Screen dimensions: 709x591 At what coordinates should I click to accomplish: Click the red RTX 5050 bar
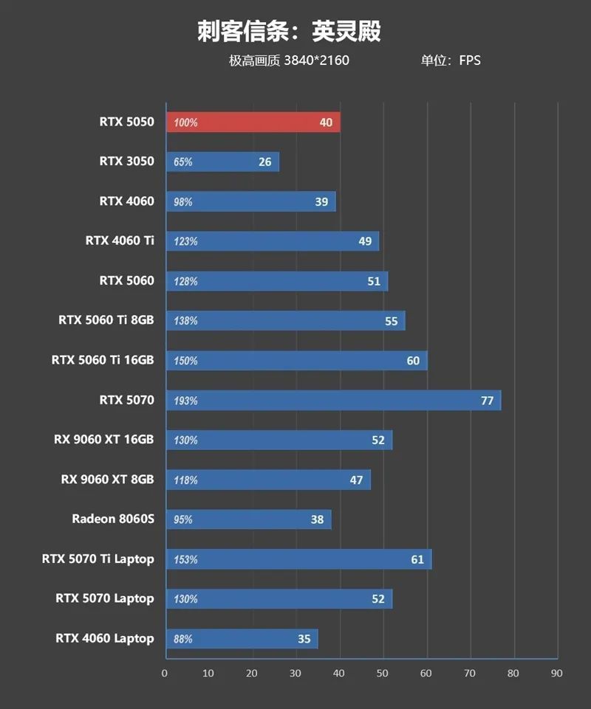(253, 122)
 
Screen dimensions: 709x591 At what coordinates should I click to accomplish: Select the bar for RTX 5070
(333, 401)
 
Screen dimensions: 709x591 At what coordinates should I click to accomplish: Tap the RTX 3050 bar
(222, 162)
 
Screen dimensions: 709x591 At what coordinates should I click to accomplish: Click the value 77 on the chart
(487, 401)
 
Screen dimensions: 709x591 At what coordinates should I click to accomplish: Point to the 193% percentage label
(185, 401)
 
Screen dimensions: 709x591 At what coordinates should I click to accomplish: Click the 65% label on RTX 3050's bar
(183, 162)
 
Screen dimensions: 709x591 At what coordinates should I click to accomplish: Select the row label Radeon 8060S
(113, 519)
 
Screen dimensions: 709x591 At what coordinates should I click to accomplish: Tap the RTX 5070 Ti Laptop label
(98, 559)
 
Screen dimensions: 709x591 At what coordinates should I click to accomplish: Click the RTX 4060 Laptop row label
(105, 638)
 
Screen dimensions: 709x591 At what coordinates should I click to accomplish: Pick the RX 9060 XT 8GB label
(108, 480)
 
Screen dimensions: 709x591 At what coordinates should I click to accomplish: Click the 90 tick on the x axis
(557, 673)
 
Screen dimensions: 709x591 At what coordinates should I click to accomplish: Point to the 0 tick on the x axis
(165, 673)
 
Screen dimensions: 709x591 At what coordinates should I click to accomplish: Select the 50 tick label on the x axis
(383, 673)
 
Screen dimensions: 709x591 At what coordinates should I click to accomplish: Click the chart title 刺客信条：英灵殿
(289, 32)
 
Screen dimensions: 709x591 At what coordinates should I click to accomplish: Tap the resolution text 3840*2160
(316, 60)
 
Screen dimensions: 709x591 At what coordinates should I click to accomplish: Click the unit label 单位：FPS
(451, 60)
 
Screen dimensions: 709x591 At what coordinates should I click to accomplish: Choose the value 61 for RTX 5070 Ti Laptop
(417, 559)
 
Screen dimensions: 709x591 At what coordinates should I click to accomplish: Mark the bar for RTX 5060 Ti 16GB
(296, 361)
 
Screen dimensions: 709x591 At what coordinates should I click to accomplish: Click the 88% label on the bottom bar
(183, 639)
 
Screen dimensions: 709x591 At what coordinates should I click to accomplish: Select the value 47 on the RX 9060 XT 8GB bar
(356, 480)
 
